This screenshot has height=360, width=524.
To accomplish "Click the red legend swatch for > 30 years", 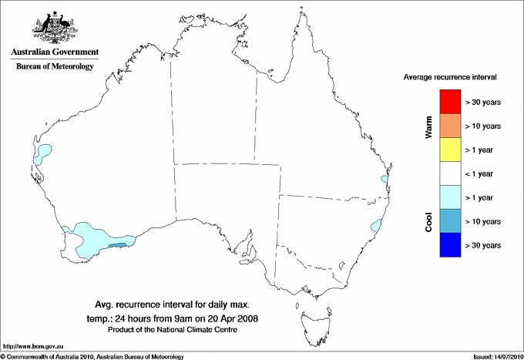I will (449, 102).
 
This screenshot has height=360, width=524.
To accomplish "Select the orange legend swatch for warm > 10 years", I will (449, 126).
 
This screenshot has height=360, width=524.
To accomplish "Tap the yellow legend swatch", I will (449, 150).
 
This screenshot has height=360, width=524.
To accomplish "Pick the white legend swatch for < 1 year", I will (449, 173).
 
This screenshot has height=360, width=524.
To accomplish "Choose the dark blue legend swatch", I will (449, 244).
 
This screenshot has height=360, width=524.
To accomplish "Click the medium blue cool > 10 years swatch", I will (449, 221).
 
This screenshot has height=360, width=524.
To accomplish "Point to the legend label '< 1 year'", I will (483, 173).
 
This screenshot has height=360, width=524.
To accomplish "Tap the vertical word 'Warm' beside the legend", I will (428, 126).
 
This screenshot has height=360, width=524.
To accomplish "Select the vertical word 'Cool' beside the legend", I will (428, 221).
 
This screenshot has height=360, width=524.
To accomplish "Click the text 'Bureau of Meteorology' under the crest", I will (55, 67).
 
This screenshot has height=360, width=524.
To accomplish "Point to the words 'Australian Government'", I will (55, 52).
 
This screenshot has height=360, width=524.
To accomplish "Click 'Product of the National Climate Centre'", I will (173, 330).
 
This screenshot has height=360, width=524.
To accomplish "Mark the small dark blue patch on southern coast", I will (117, 245).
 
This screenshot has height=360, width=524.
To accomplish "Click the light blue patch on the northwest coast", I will (42, 153).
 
